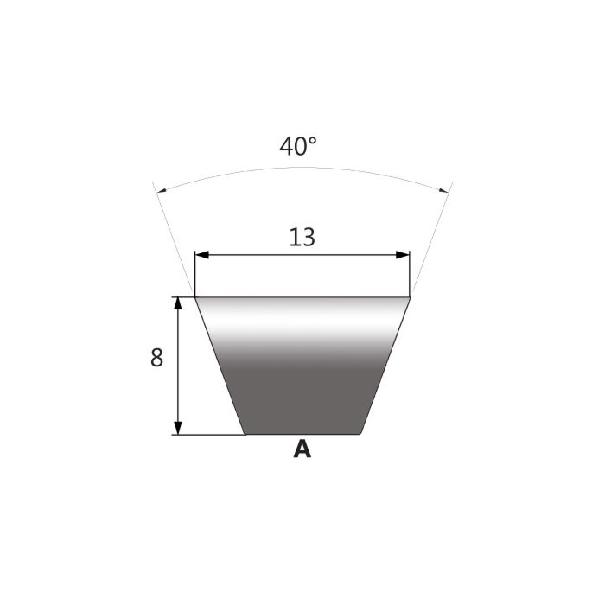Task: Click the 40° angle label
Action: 297,146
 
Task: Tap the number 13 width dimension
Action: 302,237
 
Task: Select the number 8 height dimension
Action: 156,358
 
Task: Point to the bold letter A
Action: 302,449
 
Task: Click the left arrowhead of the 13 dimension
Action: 201,255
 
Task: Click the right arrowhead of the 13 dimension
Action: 403,255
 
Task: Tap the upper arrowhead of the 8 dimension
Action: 178,303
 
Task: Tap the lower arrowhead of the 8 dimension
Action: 178,429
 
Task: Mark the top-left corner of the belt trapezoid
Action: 196,298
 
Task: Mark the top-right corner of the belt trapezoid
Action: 409,298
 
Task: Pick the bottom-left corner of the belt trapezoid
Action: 245,434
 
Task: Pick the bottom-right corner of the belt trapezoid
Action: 360,434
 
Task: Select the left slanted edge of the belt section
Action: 220,366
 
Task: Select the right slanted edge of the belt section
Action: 385,366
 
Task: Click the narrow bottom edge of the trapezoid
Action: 302,434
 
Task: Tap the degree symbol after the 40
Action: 312,140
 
